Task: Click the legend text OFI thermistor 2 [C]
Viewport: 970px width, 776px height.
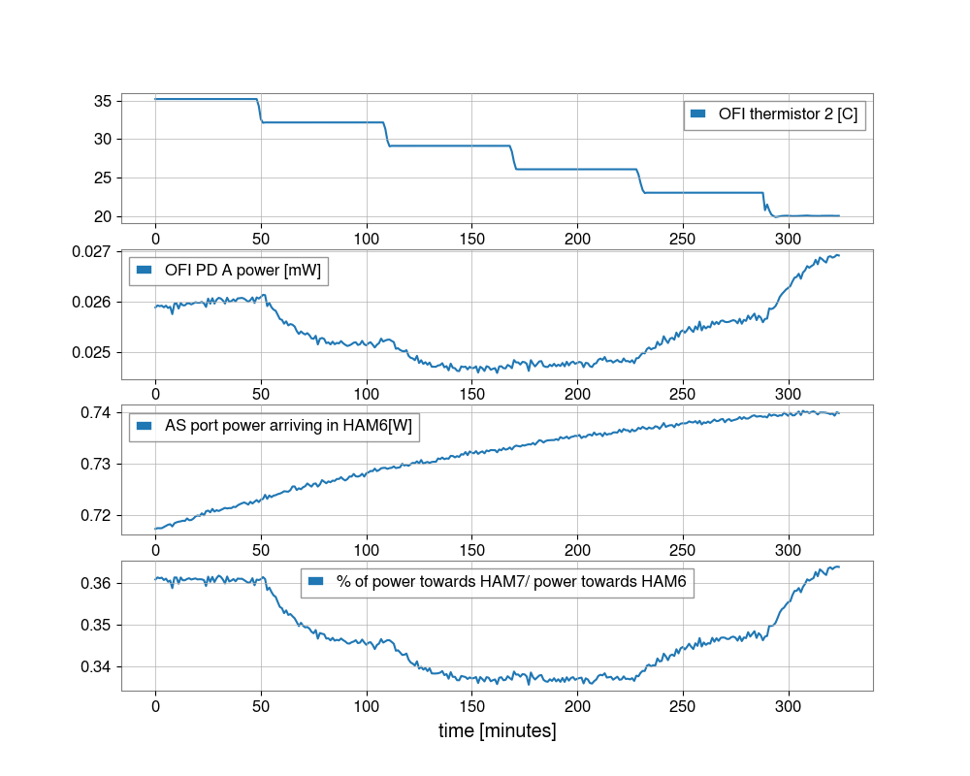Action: click(788, 113)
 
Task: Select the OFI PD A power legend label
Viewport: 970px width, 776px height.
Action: click(242, 269)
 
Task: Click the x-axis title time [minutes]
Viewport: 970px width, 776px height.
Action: click(498, 730)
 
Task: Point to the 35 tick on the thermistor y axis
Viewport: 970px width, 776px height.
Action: click(101, 101)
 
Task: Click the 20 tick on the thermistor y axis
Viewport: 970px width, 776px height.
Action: click(101, 216)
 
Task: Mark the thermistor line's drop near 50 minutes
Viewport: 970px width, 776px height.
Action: click(260, 111)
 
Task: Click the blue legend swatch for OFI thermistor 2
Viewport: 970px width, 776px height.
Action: click(696, 113)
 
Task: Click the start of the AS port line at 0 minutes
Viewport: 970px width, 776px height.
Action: click(155, 529)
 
